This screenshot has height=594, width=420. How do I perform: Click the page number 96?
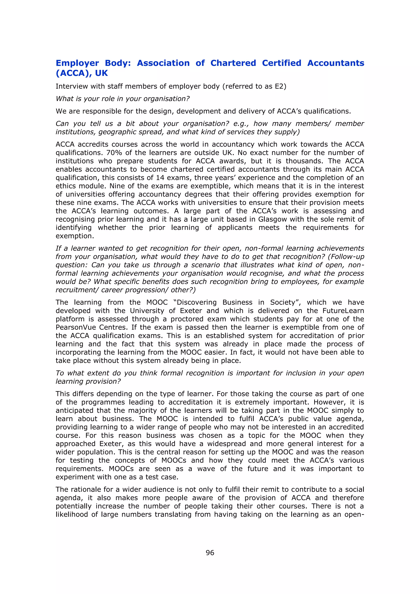click(210, 553)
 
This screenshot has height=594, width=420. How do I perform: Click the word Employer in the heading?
click(77, 63)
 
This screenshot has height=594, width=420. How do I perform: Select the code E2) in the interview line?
click(280, 86)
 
